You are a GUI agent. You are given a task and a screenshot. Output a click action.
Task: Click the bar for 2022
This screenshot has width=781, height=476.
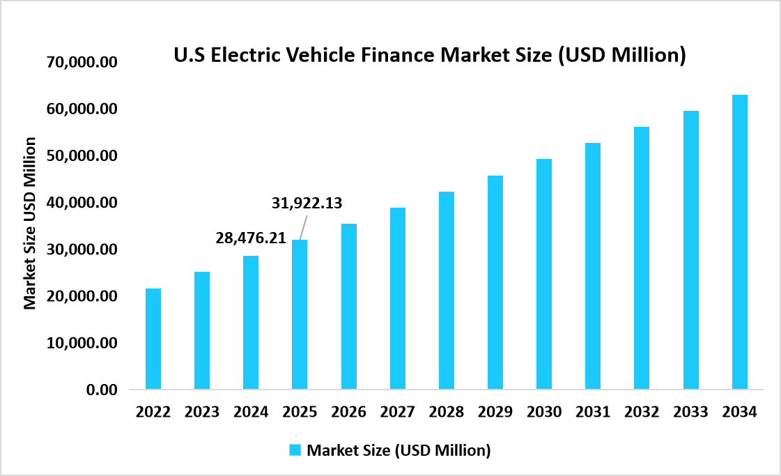[x=153, y=339]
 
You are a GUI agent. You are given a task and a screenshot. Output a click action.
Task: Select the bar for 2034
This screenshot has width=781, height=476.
[x=739, y=242]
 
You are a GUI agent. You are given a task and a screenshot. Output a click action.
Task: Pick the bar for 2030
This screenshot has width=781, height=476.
[x=543, y=274]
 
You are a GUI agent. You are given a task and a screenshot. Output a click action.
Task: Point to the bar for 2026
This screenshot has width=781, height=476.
[x=348, y=306]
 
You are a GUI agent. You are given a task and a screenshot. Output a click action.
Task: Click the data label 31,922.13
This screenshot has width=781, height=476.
[x=307, y=204]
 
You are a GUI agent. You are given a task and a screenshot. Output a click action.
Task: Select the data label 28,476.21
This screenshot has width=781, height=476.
[x=251, y=238]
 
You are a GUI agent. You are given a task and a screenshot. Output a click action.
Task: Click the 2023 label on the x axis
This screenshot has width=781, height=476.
[x=202, y=412]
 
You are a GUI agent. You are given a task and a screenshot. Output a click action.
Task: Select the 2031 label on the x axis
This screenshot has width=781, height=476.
[x=593, y=412]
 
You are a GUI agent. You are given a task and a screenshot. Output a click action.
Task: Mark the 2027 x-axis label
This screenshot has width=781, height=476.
[x=397, y=412]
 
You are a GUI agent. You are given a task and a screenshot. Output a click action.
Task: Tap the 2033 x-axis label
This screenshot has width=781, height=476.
[x=690, y=412]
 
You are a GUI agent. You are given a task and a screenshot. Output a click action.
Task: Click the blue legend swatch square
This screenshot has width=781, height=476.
[x=295, y=450]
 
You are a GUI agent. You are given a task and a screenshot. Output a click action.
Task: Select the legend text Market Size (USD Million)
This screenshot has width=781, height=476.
[x=399, y=450]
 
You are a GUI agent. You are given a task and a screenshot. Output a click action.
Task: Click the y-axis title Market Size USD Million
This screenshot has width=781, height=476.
[x=30, y=223]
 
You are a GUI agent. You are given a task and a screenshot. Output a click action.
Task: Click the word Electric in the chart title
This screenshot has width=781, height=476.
[x=243, y=55]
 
